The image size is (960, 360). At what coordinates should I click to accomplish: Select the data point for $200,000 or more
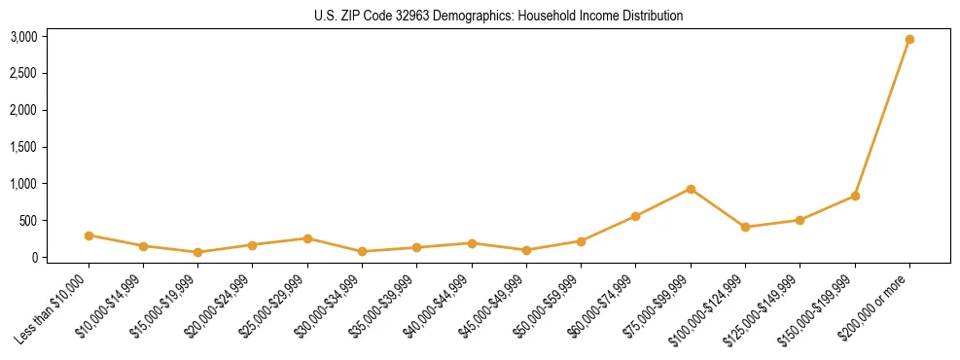pos(909,39)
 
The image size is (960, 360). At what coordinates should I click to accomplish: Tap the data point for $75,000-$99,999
pos(691,189)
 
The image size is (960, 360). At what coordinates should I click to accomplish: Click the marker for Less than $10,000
pos(89,235)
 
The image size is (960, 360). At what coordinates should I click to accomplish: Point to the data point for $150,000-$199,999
pos(855,196)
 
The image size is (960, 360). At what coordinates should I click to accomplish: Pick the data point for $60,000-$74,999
pos(635,216)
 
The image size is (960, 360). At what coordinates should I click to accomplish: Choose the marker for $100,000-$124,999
pos(745,227)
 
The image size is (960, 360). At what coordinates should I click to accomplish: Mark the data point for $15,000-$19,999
pos(197,252)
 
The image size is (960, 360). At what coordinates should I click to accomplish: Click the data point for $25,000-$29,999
pos(307,238)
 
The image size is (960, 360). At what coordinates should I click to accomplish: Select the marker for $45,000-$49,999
pos(526,250)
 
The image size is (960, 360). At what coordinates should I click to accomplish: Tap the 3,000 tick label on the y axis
pos(23,37)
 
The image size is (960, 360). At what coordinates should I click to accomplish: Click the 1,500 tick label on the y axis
pos(23,147)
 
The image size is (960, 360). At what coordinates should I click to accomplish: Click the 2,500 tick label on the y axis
pos(23,74)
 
